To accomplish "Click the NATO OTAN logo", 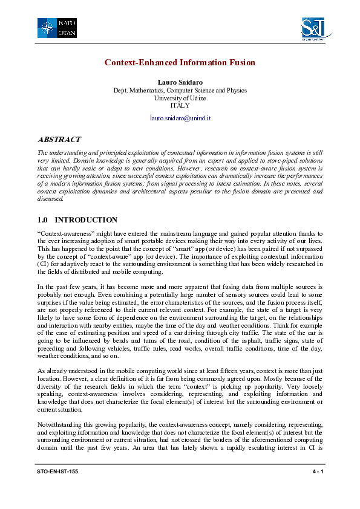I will click(56, 27).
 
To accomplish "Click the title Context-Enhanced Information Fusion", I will click(180, 62).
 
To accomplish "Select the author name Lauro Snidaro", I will click(180, 82).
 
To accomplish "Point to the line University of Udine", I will click(180, 97).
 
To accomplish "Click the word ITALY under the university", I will click(180, 105).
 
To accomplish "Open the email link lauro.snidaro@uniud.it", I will click(180, 118).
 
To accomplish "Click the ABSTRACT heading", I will click(59, 139).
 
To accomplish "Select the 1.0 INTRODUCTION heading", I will click(77, 220).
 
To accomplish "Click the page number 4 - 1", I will click(316, 470).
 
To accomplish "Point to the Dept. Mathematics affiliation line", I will click(180, 90).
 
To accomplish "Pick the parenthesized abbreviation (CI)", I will click(45, 263).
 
